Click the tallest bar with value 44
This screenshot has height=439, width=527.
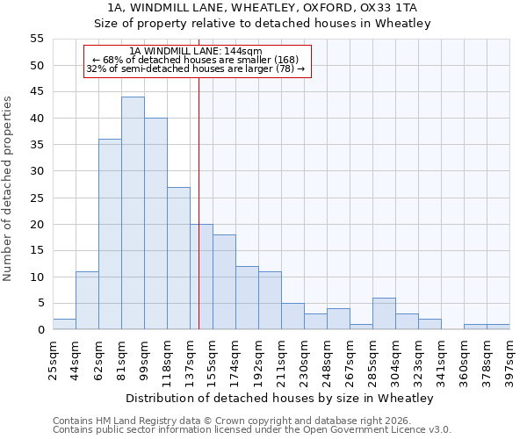133,213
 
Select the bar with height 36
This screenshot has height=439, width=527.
110,234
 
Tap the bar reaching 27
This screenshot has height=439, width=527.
178,258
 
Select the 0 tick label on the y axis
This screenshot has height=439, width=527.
40,330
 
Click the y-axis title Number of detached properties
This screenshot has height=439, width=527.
8,189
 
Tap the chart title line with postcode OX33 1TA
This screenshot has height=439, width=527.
263,8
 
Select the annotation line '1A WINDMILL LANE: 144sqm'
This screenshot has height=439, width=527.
195,52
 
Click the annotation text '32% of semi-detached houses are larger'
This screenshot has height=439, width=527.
195,68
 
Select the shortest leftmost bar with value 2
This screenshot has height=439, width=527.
64,324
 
